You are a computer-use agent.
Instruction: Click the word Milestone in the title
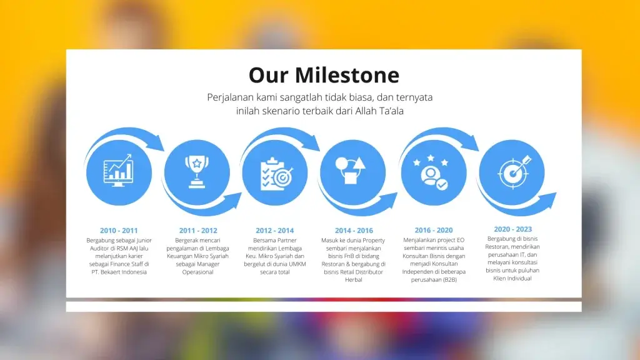[x=347, y=75]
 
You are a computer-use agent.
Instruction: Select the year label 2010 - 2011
[x=119, y=231]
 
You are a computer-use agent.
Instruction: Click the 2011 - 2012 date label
[x=198, y=231]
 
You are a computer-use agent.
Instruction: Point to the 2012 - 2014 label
[x=275, y=231]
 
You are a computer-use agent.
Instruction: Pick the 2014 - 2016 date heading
[x=354, y=231]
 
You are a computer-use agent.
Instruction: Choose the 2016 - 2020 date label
[x=434, y=230]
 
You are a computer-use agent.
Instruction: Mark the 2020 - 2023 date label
[x=512, y=229]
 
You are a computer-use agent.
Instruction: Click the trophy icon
[x=197, y=172]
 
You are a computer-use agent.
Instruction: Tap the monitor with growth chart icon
[x=118, y=171]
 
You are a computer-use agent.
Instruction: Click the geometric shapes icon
[x=351, y=170]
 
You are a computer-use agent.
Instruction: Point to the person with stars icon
[x=431, y=172]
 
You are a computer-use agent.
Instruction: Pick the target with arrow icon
[x=514, y=172]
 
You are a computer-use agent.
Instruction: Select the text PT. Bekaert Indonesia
[x=119, y=272]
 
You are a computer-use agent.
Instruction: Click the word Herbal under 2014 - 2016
[x=354, y=280]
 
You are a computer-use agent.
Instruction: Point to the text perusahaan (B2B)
[x=434, y=280]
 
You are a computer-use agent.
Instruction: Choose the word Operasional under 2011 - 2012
[x=197, y=272]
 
